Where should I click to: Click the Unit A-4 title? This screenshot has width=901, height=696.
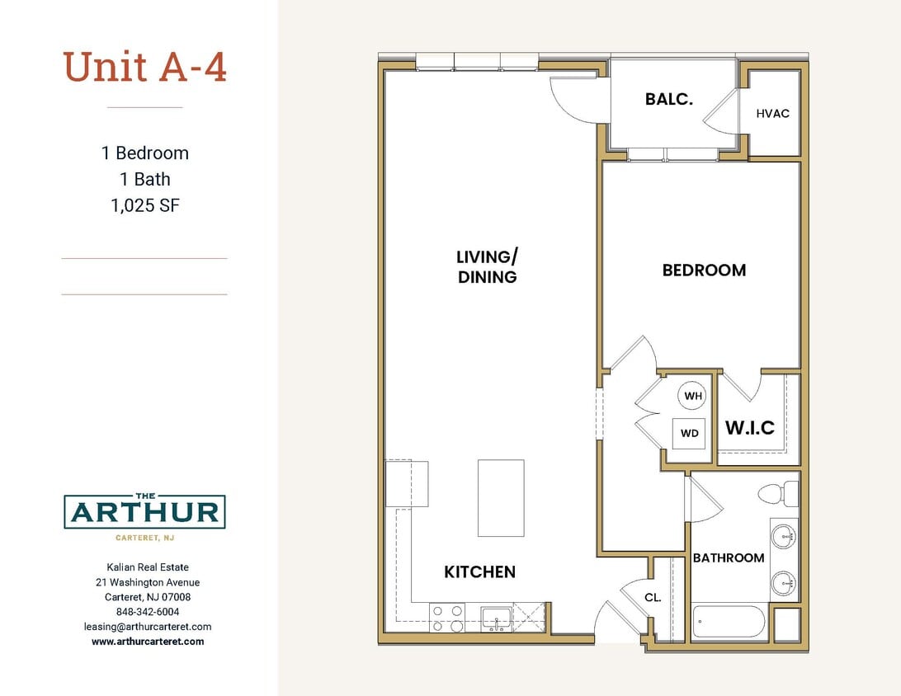point(144,68)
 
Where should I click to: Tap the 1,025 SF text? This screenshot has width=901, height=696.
point(144,205)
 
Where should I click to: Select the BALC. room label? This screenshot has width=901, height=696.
point(668,100)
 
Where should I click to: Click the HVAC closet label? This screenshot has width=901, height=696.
point(772,113)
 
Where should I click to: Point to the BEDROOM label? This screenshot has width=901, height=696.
point(704,270)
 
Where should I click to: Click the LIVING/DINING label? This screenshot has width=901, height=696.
point(487,266)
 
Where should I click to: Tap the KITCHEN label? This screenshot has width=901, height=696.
point(479,571)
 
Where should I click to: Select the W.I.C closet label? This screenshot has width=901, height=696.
point(749,428)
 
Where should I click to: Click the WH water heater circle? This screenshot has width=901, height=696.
point(692,396)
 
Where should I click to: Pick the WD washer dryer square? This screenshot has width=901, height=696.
point(690,433)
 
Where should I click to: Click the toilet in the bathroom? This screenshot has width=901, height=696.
point(779,494)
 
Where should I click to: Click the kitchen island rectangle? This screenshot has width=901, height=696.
point(501,498)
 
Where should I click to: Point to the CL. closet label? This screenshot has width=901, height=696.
point(653,598)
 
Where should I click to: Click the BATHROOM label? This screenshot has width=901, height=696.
point(728,558)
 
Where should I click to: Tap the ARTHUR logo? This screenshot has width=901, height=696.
point(144,512)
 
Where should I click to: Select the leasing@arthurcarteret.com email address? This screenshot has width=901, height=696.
point(148,627)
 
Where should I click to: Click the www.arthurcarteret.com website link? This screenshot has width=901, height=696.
point(148,642)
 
